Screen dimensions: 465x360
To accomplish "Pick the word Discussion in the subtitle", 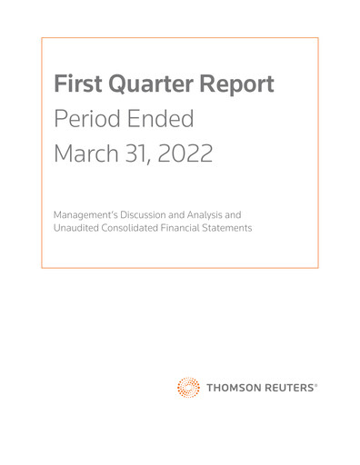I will tap(157, 214).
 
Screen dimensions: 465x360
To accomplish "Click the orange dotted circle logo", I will tap(188, 388).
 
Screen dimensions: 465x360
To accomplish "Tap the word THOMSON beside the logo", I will tap(232, 389).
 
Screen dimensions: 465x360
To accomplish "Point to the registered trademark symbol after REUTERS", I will tap(316, 385).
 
